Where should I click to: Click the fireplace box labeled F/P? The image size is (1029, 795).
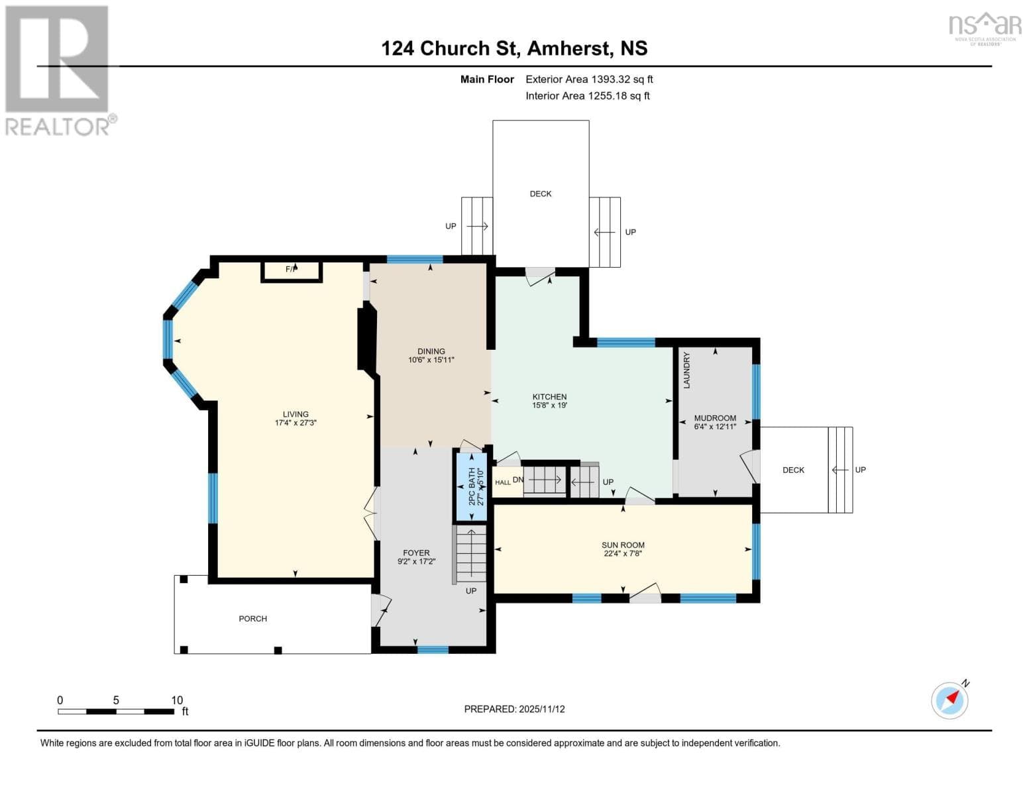(292, 272)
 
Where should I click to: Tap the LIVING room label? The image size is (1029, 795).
(296, 414)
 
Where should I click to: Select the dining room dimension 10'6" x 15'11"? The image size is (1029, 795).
(431, 360)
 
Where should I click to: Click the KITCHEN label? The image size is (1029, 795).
(549, 397)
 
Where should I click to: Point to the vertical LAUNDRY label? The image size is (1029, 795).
(686, 370)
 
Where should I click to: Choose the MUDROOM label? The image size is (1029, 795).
(715, 418)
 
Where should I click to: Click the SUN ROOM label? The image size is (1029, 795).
(623, 545)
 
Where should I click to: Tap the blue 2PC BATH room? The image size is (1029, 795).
(472, 487)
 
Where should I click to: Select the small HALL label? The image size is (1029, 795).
(502, 482)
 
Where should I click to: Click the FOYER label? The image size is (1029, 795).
(416, 553)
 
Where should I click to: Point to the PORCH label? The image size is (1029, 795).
(253, 619)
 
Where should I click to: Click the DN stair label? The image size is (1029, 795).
(518, 480)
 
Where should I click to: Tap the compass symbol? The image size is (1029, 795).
(949, 701)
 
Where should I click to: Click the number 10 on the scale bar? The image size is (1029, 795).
(177, 700)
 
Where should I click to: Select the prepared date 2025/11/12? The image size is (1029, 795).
(542, 710)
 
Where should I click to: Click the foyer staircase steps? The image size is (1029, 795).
(470, 554)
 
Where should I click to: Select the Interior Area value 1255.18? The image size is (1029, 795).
(604, 95)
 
